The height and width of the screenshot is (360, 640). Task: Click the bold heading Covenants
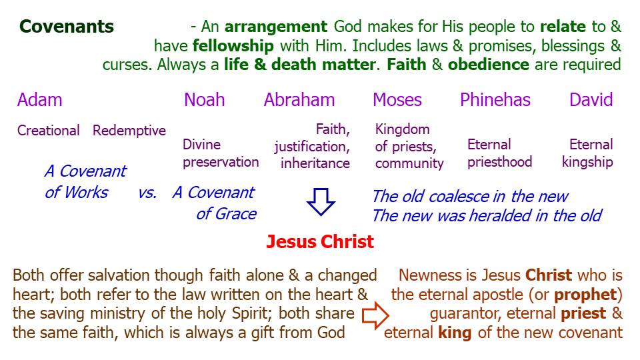pyautogui.click(x=67, y=27)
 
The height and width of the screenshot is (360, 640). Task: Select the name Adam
pyautogui.click(x=39, y=99)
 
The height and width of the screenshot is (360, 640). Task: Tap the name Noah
pyautogui.click(x=204, y=99)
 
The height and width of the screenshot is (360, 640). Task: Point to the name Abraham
pyautogui.click(x=299, y=99)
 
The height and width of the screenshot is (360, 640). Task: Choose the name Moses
pyautogui.click(x=397, y=99)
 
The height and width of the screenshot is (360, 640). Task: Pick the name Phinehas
pyautogui.click(x=495, y=99)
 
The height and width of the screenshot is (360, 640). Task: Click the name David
pyautogui.click(x=591, y=99)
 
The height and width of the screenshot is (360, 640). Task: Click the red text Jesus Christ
pyautogui.click(x=320, y=241)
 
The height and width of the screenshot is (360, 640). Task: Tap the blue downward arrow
pyautogui.click(x=321, y=201)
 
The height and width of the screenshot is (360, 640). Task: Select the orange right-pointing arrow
pyautogui.click(x=375, y=315)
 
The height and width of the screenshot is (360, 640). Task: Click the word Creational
pyautogui.click(x=48, y=131)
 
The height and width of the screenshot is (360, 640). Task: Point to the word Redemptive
pyautogui.click(x=129, y=131)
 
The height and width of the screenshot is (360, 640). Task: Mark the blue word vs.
pyautogui.click(x=147, y=193)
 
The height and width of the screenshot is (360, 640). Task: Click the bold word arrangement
pyautogui.click(x=276, y=27)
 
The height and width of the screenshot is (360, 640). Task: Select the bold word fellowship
pyautogui.click(x=233, y=46)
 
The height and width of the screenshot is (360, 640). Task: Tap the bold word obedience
pyautogui.click(x=489, y=65)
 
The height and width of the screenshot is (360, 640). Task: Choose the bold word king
pyautogui.click(x=455, y=333)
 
